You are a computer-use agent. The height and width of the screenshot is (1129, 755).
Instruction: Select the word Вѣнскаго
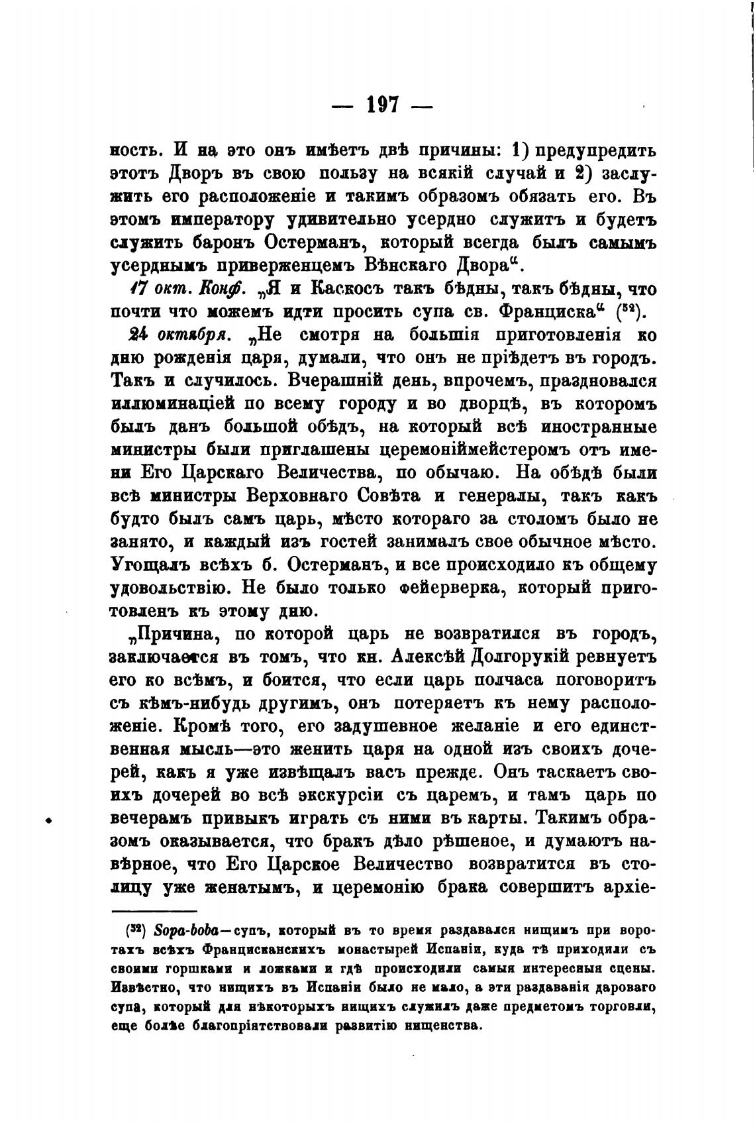tap(411, 265)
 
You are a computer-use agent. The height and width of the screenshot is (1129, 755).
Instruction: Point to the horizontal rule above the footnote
tap(154, 912)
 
